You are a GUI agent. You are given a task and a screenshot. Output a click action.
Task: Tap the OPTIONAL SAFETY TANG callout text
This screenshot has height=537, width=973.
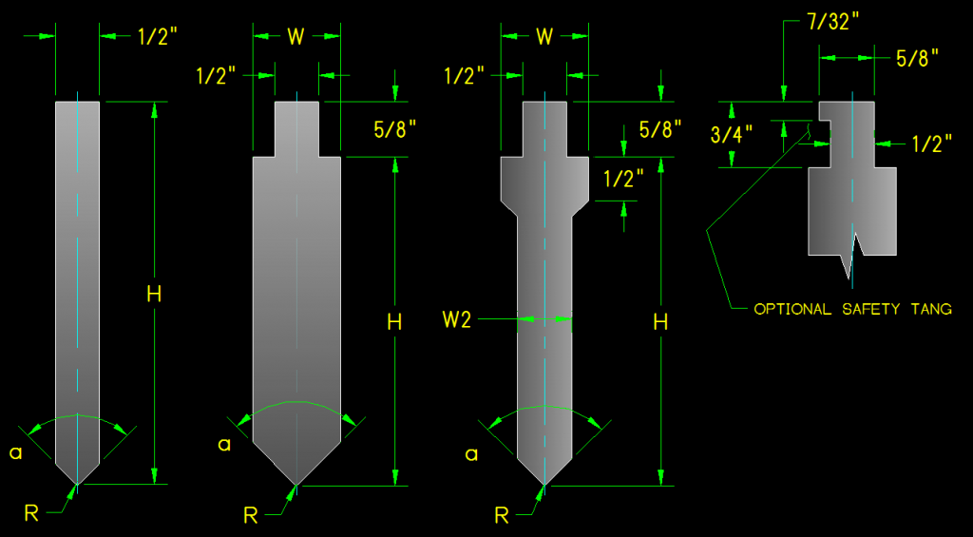pos(852,310)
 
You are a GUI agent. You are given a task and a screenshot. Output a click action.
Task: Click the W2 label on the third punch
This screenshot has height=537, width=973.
pos(456,320)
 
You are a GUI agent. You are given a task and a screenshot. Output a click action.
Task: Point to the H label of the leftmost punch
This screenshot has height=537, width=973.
pos(154,295)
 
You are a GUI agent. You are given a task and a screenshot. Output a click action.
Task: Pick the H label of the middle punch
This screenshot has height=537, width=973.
pos(395,322)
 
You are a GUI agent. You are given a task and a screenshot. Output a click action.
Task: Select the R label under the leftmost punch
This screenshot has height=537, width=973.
pos(31,513)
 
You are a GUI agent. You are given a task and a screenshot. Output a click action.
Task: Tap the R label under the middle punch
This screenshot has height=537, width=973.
pos(251,516)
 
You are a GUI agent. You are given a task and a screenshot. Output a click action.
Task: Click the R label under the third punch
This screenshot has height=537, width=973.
pos(503,516)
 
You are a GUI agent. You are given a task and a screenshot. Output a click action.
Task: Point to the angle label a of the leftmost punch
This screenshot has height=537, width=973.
pos(15,453)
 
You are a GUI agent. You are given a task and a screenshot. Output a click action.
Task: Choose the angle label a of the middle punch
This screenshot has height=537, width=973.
pos(223,444)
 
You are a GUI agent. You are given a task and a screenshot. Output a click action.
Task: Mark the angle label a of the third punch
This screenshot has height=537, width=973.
pos(471,454)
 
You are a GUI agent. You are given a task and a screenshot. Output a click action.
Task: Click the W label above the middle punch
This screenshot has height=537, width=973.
pos(296,37)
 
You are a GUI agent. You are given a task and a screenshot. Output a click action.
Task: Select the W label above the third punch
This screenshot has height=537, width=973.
pos(544,37)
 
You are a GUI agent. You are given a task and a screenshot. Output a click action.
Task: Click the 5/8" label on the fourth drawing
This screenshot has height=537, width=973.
pos(917,58)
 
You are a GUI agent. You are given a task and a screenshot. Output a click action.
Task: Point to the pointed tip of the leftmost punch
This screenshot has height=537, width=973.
pos(77,483)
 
